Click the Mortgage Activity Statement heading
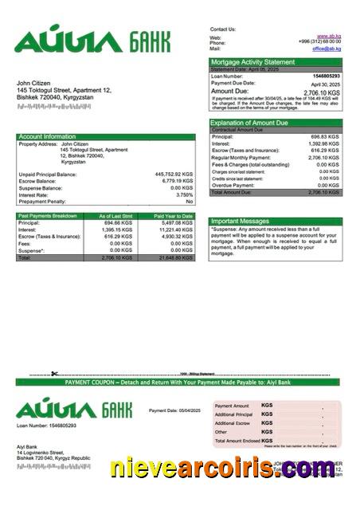coord(251,61)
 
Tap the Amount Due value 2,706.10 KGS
coord(323,92)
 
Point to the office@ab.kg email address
coord(326,49)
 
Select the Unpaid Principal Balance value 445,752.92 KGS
coord(174,174)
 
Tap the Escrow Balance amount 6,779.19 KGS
coord(177,181)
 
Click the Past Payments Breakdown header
coord(49,216)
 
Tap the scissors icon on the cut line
coord(54,374)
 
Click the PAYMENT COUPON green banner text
coord(179,382)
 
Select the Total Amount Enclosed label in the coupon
coord(237,441)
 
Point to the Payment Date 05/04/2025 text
coord(174,410)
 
